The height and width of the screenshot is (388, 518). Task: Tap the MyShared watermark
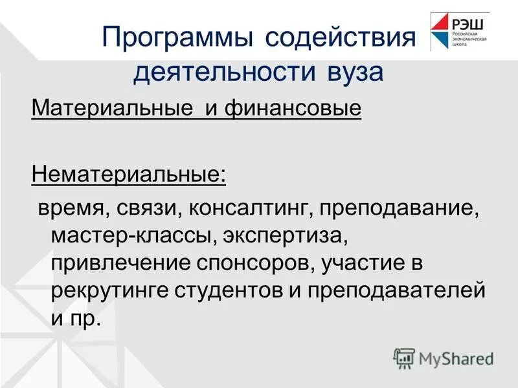[x=444, y=357]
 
